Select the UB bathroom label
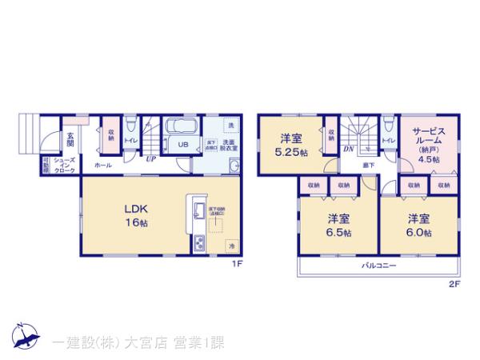[182, 145]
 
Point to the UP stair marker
[150, 158]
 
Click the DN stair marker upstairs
[350, 149]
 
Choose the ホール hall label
[103, 164]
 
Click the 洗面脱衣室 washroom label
[218, 145]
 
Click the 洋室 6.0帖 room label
[417, 225]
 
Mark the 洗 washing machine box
[230, 126]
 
